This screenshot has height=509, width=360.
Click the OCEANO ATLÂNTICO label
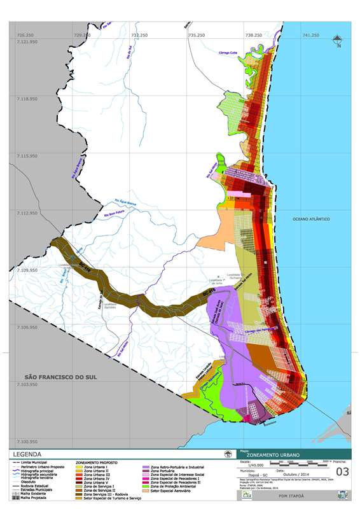[311, 219]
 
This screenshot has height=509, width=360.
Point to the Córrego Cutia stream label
[228, 53]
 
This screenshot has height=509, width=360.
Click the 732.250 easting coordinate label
[139, 35]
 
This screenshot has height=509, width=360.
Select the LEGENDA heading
[31, 455]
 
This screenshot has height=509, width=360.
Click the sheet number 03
[342, 471]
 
